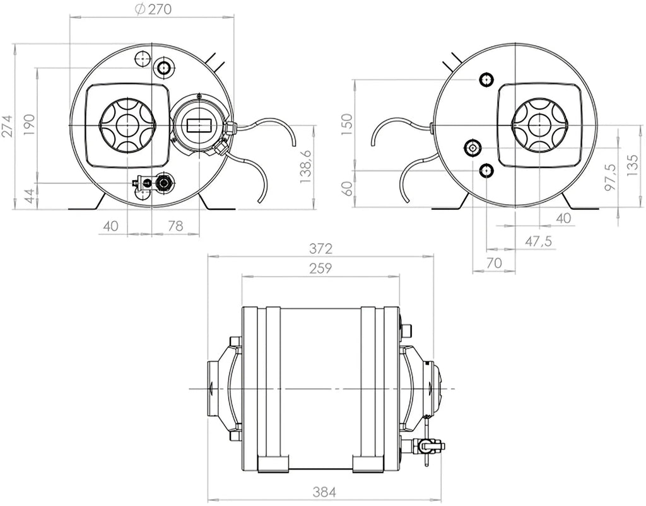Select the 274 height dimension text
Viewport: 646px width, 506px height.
point(7,127)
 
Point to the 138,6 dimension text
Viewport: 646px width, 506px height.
point(306,166)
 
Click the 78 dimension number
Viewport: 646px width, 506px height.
point(175,226)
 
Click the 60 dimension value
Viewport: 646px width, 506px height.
point(346,188)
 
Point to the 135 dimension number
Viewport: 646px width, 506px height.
point(633,167)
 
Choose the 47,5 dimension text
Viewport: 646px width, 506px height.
point(539,241)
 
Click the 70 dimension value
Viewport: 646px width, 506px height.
point(494,263)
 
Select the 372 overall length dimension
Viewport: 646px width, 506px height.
point(320,248)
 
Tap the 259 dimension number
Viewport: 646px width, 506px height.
point(320,268)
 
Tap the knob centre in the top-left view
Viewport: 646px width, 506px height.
point(127,125)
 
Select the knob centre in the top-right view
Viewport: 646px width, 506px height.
point(539,125)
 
